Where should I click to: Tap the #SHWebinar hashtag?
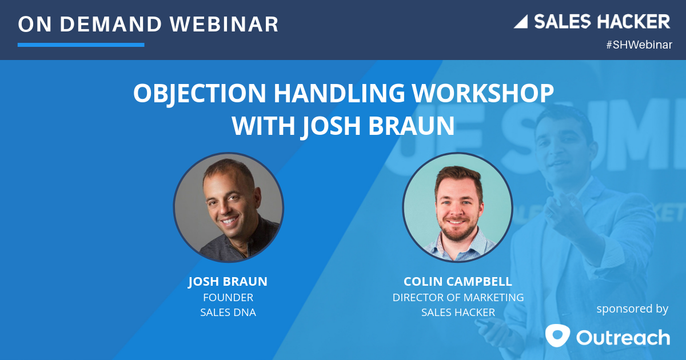pyautogui.click(x=639, y=45)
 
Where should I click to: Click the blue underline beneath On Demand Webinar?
pyautogui.click(x=81, y=44)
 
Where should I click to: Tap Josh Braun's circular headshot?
pyautogui.click(x=229, y=207)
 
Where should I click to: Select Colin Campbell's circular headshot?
pyautogui.click(x=457, y=207)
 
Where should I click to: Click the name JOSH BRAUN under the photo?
pyautogui.click(x=228, y=282)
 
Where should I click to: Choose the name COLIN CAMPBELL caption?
pyautogui.click(x=458, y=282)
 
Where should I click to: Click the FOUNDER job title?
pyautogui.click(x=228, y=297)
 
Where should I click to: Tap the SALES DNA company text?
pyautogui.click(x=228, y=313)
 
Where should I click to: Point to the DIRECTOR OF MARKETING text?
pyautogui.click(x=458, y=297)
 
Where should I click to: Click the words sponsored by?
pyautogui.click(x=632, y=309)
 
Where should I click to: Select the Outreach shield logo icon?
pyautogui.click(x=557, y=335)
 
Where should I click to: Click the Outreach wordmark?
pyautogui.click(x=623, y=337)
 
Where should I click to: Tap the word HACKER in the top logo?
pyautogui.click(x=633, y=22)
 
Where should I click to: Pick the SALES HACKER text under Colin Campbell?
pyautogui.click(x=458, y=313)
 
